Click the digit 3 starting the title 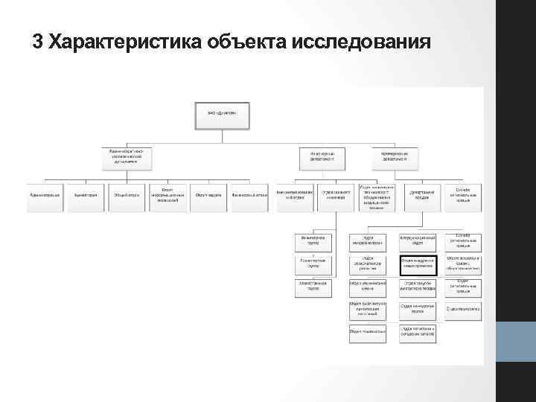point(38,42)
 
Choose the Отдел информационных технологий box point(168,195)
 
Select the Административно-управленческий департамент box point(127,156)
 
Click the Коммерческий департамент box point(393,156)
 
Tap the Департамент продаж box point(423,195)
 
